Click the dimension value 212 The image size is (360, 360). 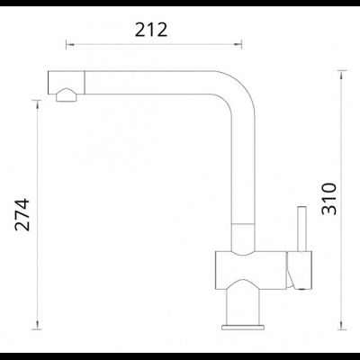click(151, 30)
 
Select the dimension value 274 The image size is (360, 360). click(22, 214)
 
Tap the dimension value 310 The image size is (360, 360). click(329, 199)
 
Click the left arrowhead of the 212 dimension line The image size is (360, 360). click(69, 45)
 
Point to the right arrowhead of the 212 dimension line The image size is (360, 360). click(238, 45)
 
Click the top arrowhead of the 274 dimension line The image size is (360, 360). click(37, 103)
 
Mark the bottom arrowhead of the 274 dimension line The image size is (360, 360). click(37, 325)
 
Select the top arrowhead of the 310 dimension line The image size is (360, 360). click(341, 75)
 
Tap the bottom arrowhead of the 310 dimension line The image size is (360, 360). click(341, 325)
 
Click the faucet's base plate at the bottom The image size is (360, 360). click(243, 327)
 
